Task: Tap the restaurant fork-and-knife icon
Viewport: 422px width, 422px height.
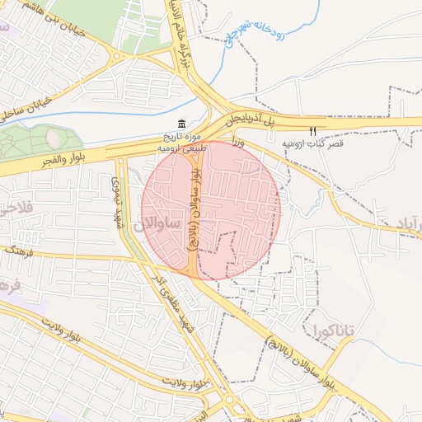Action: [312, 131]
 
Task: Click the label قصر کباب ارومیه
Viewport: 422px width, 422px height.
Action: [312, 143]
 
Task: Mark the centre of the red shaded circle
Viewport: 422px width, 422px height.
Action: [211, 210]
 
